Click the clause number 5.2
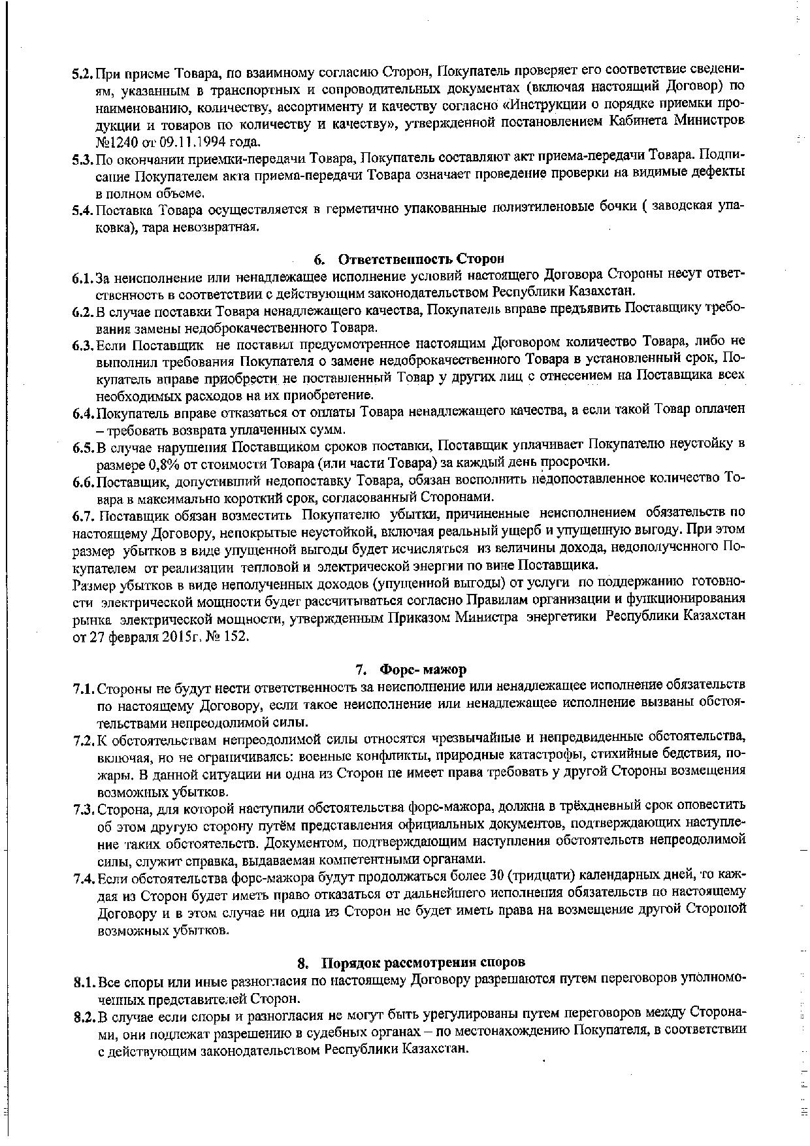click(83, 71)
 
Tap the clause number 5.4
click(83, 210)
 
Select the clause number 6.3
click(84, 344)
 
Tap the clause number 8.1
click(84, 980)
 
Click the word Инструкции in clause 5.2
click(550, 105)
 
